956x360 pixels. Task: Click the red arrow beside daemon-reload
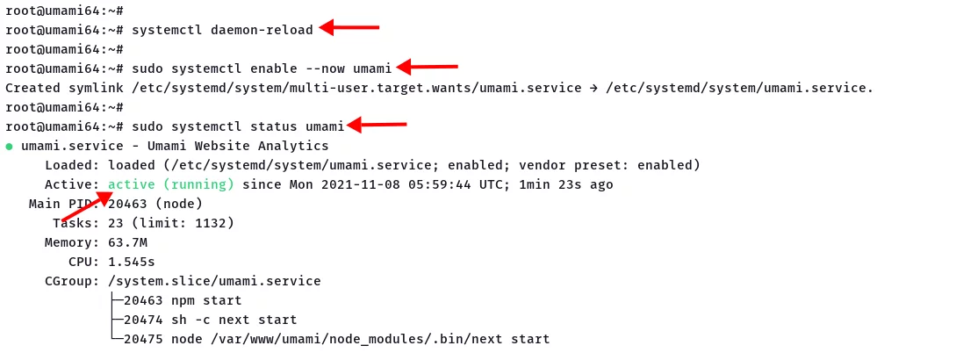coord(349,27)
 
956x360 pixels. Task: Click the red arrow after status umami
coord(377,125)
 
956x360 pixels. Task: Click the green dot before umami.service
coord(9,147)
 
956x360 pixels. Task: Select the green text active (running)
coord(171,184)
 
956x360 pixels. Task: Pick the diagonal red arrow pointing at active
coord(87,206)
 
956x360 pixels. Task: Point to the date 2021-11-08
coord(360,184)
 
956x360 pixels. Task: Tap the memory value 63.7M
coord(127,243)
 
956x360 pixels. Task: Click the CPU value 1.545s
coord(131,263)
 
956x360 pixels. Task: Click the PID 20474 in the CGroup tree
coord(143,320)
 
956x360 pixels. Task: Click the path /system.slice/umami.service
coord(214,281)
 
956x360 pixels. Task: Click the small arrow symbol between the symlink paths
coord(593,88)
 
